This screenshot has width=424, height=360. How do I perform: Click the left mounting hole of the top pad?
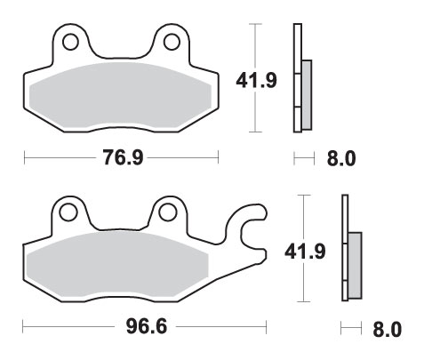(70, 42)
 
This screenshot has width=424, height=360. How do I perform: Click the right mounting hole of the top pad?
(172, 42)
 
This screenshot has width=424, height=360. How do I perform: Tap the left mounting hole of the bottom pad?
(68, 212)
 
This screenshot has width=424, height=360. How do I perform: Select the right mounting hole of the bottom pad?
(167, 212)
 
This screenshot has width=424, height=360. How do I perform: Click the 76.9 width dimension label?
(123, 157)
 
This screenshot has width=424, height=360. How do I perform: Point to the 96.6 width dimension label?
(147, 326)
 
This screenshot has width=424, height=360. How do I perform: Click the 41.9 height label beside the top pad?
(256, 80)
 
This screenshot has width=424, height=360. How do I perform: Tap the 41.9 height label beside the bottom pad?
(305, 252)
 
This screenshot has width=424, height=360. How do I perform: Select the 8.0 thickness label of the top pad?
(341, 158)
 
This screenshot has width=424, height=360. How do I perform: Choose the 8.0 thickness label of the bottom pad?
(388, 330)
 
